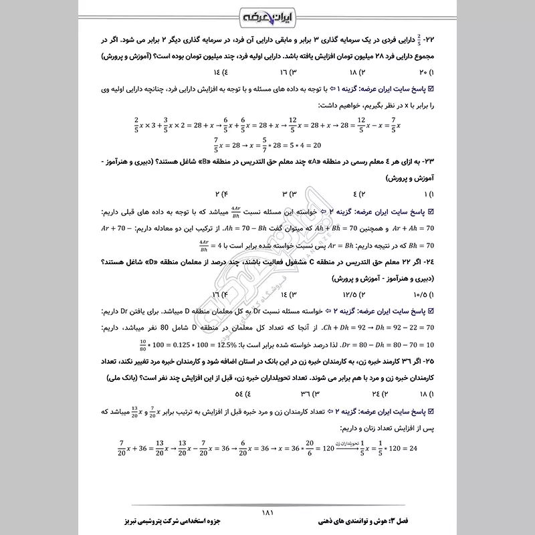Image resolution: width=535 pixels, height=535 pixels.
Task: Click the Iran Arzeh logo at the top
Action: tap(267, 14)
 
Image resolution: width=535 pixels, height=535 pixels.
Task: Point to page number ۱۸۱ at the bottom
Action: tap(267, 512)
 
